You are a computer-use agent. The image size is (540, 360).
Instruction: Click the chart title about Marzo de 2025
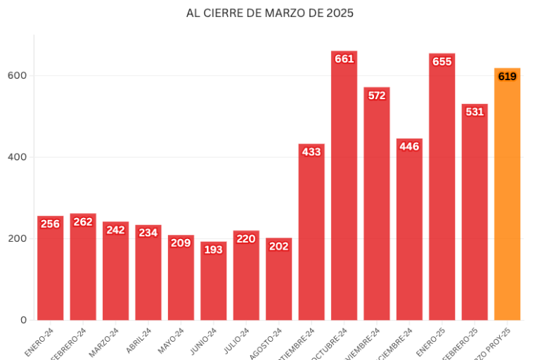point(270,13)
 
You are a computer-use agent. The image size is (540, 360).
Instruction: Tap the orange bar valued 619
point(507,204)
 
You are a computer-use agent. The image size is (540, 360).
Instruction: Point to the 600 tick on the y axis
point(18,75)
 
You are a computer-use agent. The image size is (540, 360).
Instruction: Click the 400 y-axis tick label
point(18,157)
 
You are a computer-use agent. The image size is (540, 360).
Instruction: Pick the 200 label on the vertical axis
point(18,238)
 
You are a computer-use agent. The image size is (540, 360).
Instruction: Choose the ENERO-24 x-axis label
point(39,342)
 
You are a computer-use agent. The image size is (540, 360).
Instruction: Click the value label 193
point(213,250)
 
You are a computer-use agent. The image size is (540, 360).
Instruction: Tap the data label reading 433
point(311,152)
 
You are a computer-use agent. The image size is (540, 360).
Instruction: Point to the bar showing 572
point(377,211)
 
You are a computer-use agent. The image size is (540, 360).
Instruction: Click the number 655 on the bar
point(442,61)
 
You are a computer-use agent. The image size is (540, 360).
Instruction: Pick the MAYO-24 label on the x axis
point(170,342)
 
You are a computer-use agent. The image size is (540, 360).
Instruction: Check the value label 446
point(409,146)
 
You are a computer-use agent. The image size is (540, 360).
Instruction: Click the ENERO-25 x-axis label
point(431,342)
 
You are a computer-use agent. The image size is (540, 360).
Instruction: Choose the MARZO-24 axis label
point(105,342)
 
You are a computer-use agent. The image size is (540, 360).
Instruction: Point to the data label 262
point(82,221)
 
